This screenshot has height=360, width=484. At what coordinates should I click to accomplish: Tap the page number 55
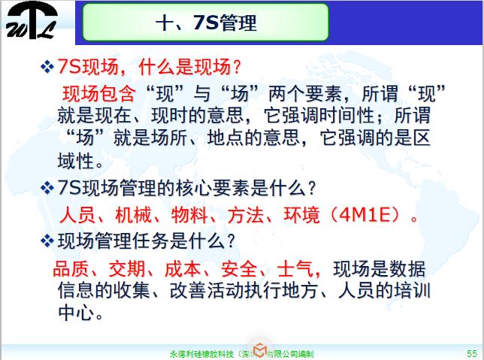click(x=471, y=352)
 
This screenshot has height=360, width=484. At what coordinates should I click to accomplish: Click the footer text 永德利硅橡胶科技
click(x=202, y=352)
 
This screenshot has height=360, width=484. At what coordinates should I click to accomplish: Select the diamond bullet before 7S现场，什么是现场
click(x=47, y=68)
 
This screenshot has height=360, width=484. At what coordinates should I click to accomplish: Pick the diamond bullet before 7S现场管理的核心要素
click(x=47, y=186)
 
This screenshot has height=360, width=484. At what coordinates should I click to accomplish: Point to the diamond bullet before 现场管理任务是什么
click(x=47, y=241)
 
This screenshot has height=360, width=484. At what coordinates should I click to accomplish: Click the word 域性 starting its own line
click(x=76, y=161)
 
